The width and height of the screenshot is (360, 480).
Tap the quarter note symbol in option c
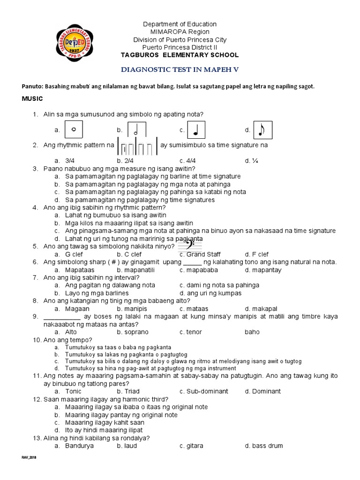pos(195,130)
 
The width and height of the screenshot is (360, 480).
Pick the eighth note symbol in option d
pos(262,130)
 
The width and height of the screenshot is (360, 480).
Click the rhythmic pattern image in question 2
pos(137,147)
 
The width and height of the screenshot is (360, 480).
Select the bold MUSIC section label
pos(32,98)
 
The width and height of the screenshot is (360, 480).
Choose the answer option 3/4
pos(71,160)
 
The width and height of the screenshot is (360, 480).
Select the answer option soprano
pos(133,332)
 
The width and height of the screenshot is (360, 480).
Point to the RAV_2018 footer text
pos(29,457)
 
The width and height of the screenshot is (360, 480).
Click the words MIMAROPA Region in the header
pos(180,32)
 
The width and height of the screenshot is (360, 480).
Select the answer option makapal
pos(261,309)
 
